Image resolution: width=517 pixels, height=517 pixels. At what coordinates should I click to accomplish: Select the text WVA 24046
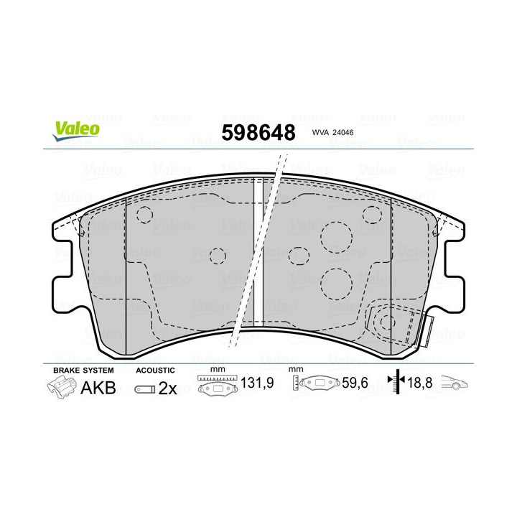pos(336,131)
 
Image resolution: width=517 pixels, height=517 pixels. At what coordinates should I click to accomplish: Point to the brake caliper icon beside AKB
pos(62,389)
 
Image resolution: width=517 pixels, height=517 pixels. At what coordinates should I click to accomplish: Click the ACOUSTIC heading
pos(155,369)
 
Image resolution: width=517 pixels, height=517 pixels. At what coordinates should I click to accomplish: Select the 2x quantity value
pos(167,388)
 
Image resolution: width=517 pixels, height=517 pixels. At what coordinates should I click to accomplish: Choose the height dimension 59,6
pos(354,384)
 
